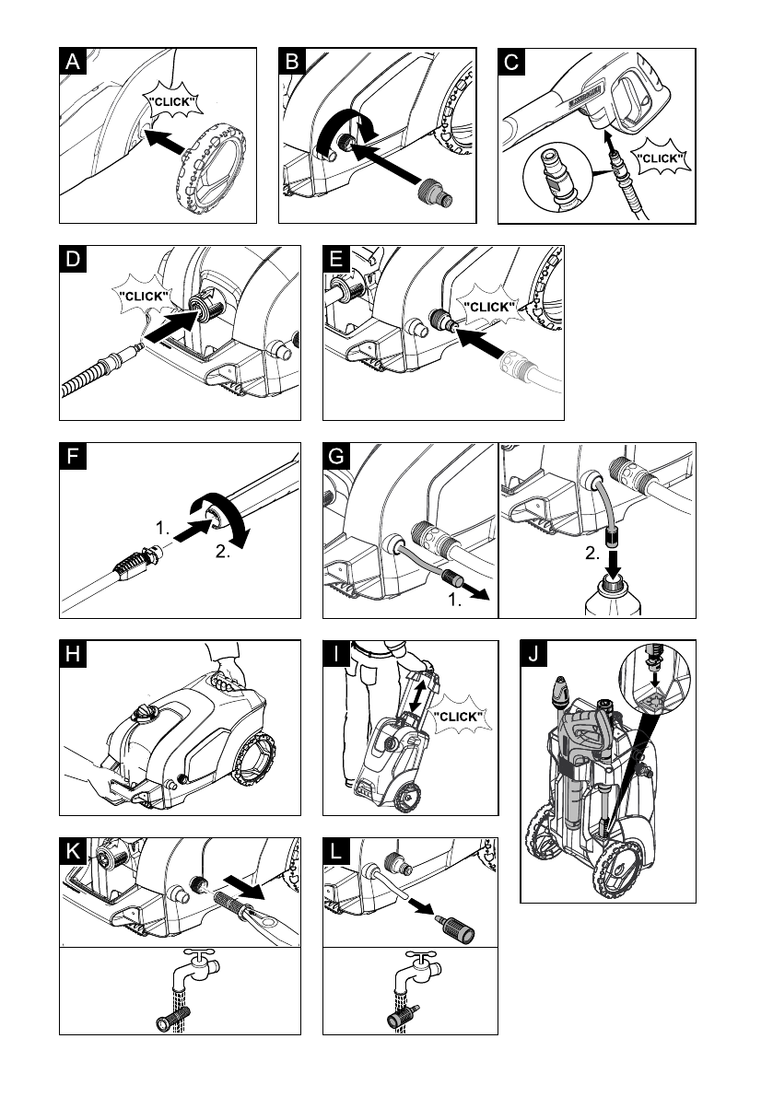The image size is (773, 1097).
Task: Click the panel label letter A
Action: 73,62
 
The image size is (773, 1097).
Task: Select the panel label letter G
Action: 336,456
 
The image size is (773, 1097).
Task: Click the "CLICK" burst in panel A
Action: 173,102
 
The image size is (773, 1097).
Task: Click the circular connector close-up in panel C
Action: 557,177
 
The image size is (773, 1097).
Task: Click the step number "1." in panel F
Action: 162,528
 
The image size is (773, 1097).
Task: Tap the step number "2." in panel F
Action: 223,552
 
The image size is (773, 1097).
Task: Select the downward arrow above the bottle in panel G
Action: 614,559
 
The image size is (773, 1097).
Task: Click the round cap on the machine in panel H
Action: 145,714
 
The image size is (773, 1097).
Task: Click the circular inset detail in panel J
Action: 655,677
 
